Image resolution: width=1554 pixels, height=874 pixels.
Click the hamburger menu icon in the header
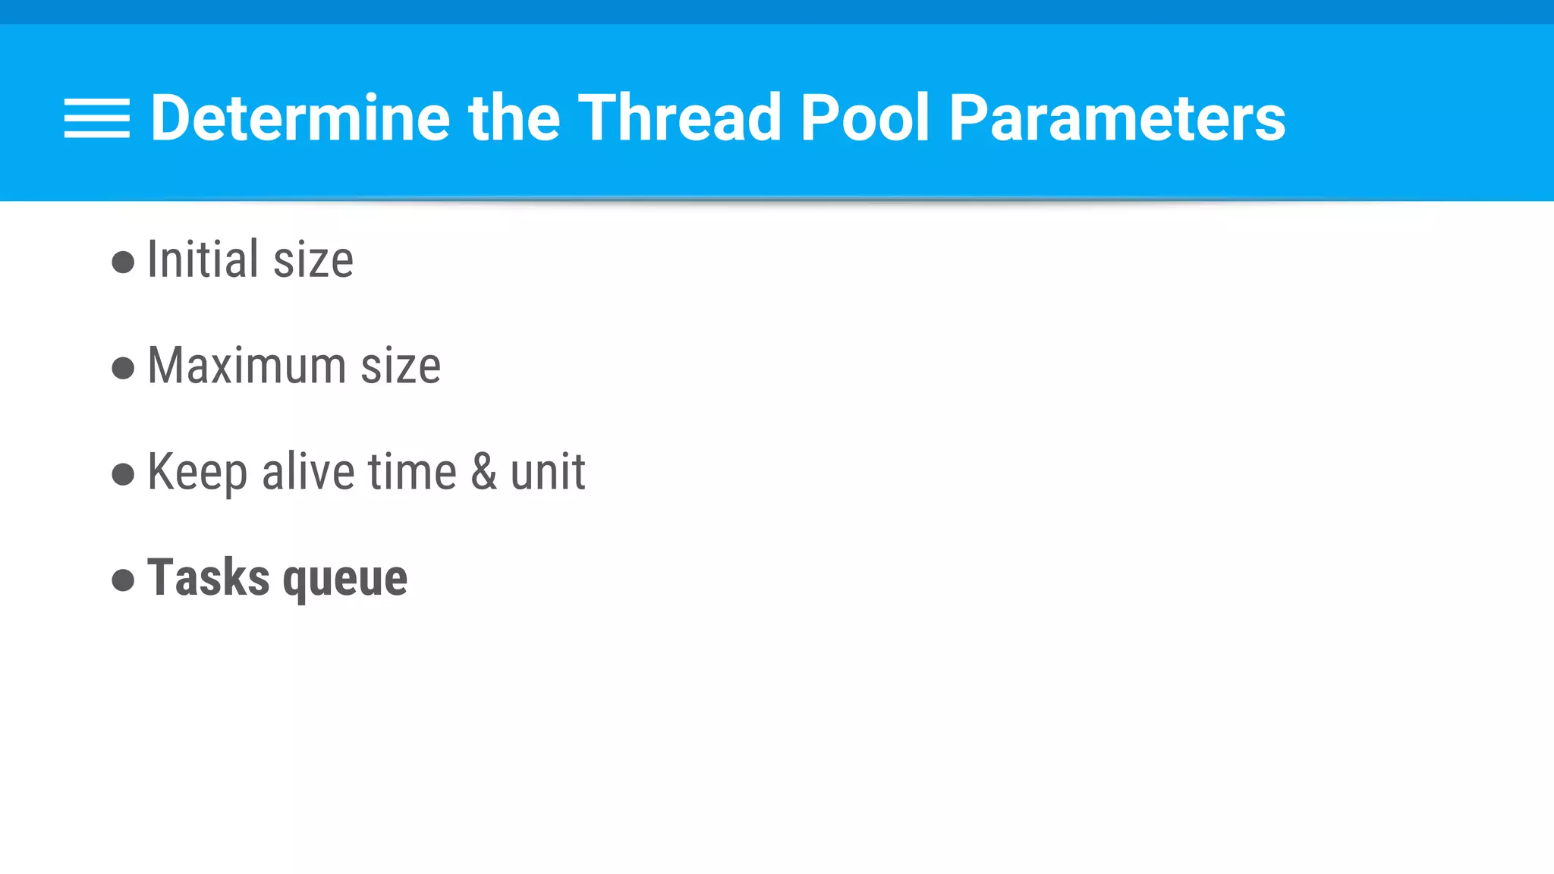[96, 118]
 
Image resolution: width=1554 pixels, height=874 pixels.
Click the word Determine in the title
[300, 118]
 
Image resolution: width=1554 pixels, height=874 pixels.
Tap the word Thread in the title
[679, 118]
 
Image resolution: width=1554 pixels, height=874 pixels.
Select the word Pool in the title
[865, 118]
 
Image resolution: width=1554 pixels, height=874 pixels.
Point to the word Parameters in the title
[1117, 118]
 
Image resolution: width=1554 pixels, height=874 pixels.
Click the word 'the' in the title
[514, 118]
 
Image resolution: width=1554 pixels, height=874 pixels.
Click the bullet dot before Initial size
[123, 263]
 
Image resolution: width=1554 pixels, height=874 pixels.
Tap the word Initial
[203, 259]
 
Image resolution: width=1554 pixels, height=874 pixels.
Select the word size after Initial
[313, 260]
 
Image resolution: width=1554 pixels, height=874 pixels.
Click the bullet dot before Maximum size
[123, 369]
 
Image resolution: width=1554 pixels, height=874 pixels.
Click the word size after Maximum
[401, 366]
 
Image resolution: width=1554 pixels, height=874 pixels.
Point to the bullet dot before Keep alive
[123, 475]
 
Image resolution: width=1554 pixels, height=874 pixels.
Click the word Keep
[197, 473]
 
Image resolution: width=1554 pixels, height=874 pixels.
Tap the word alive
[307, 471]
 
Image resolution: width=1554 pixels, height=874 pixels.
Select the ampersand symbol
[484, 471]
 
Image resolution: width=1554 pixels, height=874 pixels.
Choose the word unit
[547, 471]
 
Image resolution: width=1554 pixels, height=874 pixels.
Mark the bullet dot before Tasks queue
[123, 581]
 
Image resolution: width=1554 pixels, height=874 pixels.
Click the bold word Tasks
[208, 577]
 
